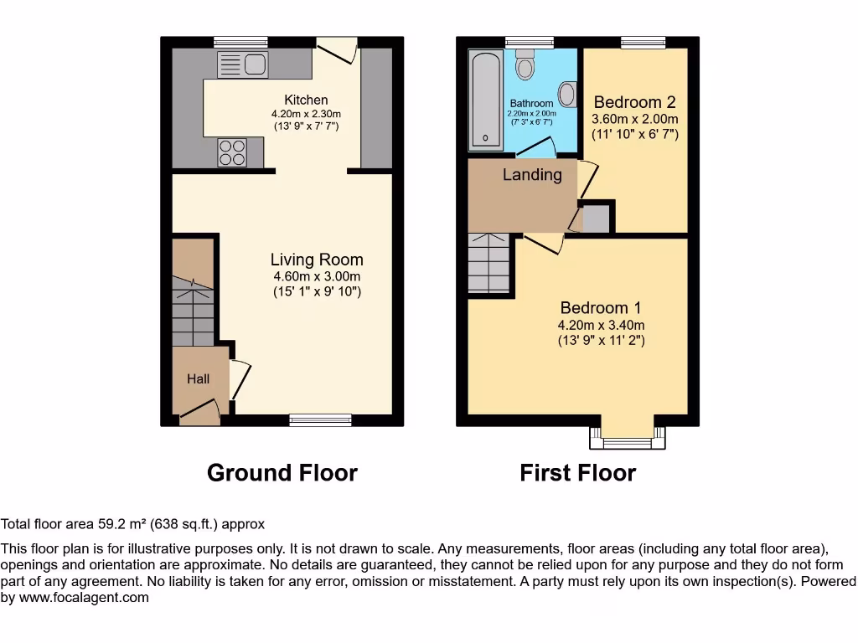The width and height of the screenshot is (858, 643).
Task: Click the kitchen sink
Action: click(x=242, y=64)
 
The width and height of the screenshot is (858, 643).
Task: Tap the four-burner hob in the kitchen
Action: click(x=232, y=152)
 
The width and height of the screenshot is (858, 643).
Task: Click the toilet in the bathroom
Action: click(x=525, y=64)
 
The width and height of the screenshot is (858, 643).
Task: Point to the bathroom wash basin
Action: click(x=567, y=94)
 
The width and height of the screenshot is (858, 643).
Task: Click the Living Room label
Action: click(x=317, y=260)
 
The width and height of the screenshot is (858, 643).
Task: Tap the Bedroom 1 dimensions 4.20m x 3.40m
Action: click(x=601, y=325)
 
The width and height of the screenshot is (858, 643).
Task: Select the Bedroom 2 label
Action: click(x=634, y=103)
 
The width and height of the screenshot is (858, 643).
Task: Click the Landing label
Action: click(x=532, y=175)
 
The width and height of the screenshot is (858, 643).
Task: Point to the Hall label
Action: click(x=198, y=378)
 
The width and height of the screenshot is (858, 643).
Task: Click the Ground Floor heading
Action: click(x=282, y=473)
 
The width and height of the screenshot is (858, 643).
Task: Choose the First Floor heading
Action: click(x=577, y=473)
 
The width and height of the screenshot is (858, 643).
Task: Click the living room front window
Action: click(x=320, y=419)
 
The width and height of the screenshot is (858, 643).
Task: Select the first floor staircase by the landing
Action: click(x=488, y=262)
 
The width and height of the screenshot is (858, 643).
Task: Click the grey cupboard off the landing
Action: click(x=596, y=219)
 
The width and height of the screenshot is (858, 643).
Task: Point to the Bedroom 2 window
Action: click(x=643, y=42)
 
